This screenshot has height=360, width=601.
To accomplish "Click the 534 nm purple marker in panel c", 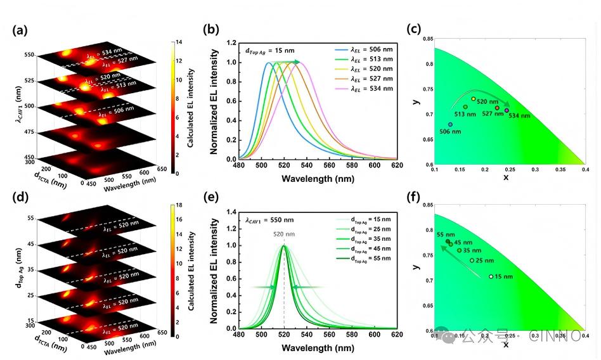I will point(507,110).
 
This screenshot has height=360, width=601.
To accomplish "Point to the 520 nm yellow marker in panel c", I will point(474,99).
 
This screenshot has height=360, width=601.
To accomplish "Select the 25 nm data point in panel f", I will point(472,260).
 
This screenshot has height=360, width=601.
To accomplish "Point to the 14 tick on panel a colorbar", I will point(178,42).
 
